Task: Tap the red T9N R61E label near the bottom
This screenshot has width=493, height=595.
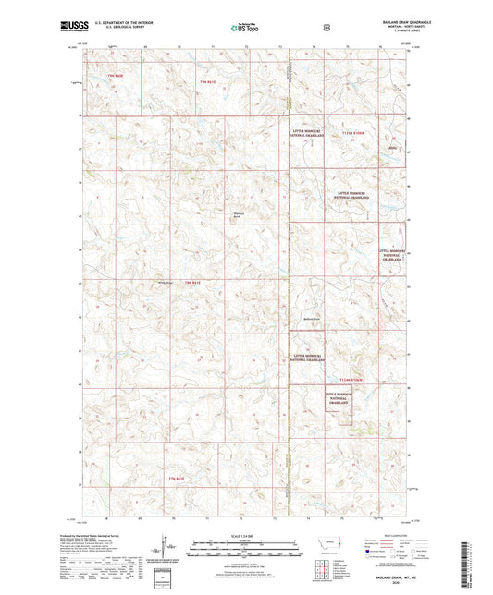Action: pos(177,479)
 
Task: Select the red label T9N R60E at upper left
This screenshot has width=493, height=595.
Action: pos(115,74)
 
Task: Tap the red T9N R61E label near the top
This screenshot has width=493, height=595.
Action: pos(207,83)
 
